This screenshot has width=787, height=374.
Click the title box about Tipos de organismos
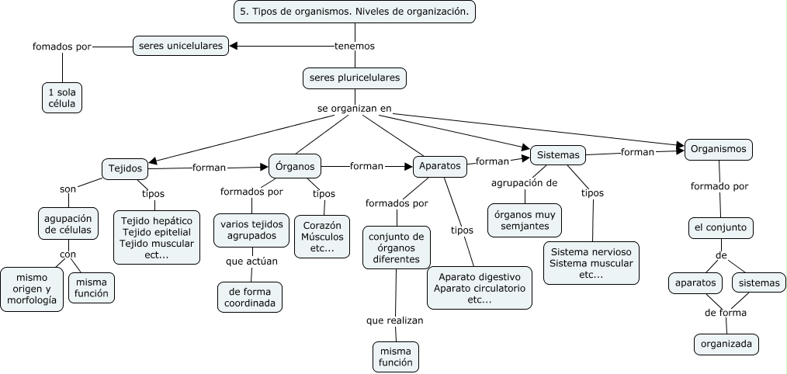click(x=354, y=12)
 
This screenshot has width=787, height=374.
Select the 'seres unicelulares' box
click(x=181, y=46)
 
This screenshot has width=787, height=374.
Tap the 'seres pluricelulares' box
click(x=355, y=78)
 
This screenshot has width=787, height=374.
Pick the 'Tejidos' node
click(x=125, y=168)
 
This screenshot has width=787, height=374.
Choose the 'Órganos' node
click(x=295, y=165)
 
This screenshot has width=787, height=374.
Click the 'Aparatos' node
click(x=440, y=165)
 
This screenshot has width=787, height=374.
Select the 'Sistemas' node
click(x=557, y=155)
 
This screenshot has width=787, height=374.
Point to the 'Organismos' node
click(x=718, y=149)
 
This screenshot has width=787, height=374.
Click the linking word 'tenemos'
click(x=354, y=46)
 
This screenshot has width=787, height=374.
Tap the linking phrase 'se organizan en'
click(x=354, y=109)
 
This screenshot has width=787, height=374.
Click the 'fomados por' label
click(x=62, y=46)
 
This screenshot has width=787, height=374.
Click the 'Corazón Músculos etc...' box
click(x=322, y=237)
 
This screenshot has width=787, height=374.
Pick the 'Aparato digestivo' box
click(x=480, y=288)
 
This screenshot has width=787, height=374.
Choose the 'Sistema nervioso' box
click(x=591, y=263)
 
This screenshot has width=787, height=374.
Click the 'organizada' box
click(x=726, y=344)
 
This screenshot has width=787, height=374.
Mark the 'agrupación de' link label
click(x=525, y=183)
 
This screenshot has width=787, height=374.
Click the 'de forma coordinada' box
click(x=250, y=297)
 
